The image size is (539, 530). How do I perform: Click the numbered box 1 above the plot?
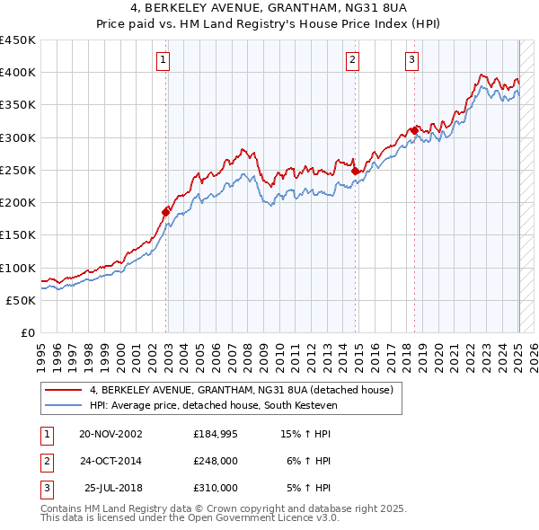click(163, 60)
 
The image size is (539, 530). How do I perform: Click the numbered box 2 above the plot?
click(353, 60)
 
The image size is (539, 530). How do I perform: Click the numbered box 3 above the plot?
click(411, 60)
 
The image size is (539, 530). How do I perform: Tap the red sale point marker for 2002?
click(166, 211)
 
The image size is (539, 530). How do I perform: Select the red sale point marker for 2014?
click(356, 171)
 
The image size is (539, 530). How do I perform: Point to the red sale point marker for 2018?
click(414, 130)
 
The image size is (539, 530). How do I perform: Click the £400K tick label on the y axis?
click(18, 73)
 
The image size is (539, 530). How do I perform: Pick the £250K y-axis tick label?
click(18, 170)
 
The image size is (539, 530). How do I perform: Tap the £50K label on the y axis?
click(22, 300)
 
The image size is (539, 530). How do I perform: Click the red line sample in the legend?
click(64, 390)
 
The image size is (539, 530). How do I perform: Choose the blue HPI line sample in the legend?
click(64, 405)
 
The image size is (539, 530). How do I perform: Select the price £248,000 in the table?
click(216, 462)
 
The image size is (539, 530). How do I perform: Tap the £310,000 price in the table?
click(216, 488)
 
